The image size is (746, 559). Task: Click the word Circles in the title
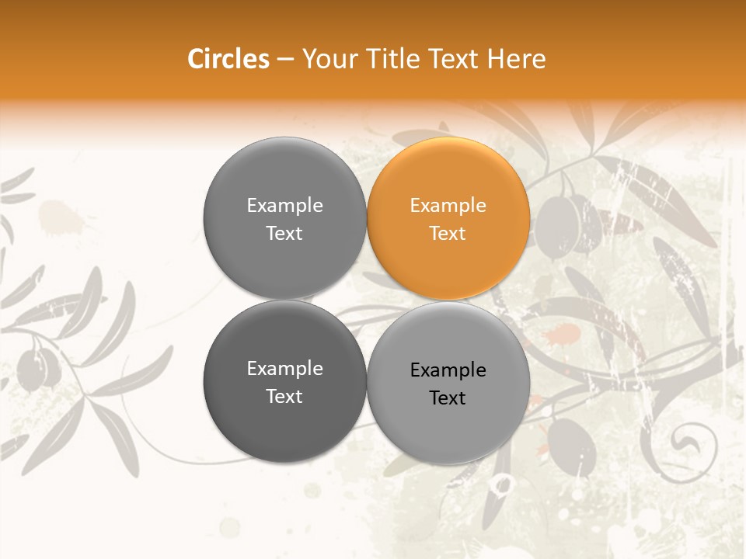point(228,59)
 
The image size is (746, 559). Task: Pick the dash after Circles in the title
point(285,60)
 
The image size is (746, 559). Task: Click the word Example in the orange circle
point(448,205)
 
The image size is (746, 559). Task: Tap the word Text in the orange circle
point(448,233)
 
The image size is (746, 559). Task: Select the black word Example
point(448,370)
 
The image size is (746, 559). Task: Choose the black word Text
point(448,398)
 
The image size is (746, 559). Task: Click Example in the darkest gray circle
point(284,368)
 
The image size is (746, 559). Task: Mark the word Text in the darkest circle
point(284,396)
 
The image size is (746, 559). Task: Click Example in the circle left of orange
point(284,205)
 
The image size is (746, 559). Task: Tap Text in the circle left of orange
point(284,233)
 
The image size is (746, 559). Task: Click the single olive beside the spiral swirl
point(572,443)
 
